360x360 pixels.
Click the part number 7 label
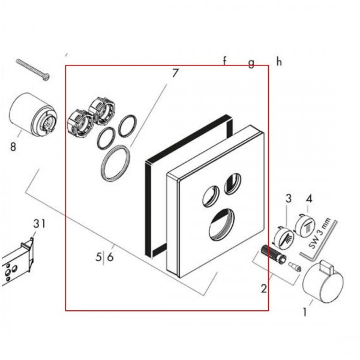click(x=175, y=73)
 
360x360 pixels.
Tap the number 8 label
click(x=13, y=146)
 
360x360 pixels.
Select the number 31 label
click(x=39, y=223)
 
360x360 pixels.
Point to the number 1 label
click(x=305, y=312)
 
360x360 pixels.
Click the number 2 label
click(x=264, y=289)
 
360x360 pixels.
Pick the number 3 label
click(x=289, y=198)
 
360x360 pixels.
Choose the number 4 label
click(x=309, y=199)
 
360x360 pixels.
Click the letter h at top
click(x=279, y=62)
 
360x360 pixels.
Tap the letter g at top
click(x=251, y=63)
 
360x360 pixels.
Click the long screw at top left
click(x=33, y=70)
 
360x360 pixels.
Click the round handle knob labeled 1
click(x=323, y=281)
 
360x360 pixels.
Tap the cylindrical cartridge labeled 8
click(x=33, y=115)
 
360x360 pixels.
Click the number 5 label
click(x=98, y=257)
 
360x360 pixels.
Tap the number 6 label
click(x=110, y=257)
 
